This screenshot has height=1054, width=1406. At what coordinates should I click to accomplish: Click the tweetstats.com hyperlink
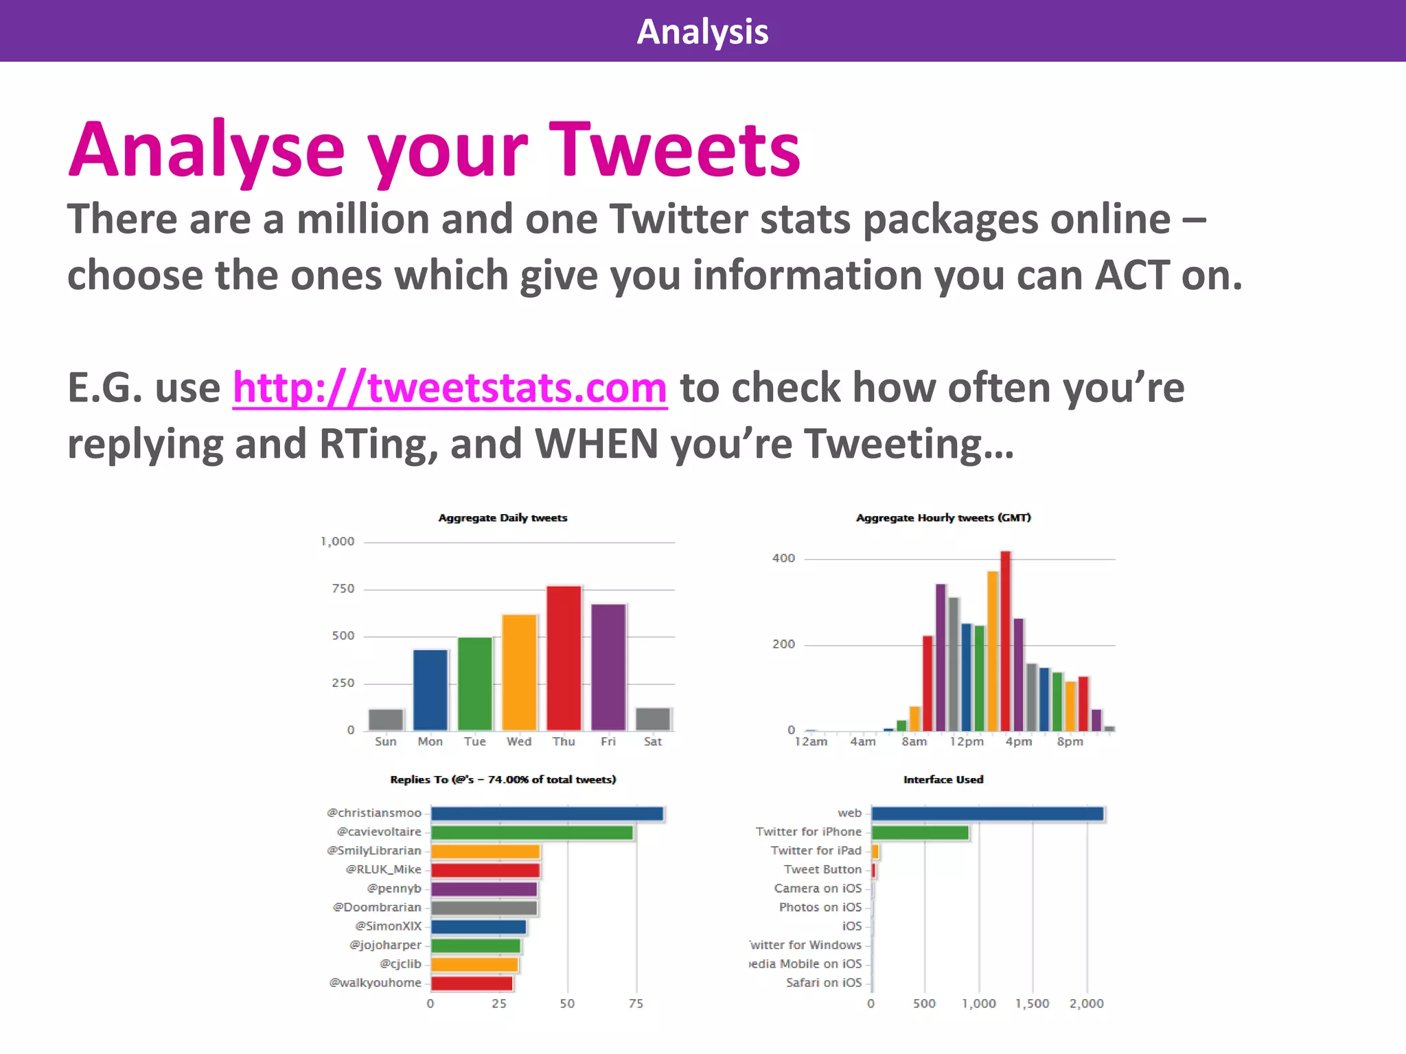[x=450, y=388]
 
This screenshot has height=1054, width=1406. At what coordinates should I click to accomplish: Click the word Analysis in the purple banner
[x=702, y=32]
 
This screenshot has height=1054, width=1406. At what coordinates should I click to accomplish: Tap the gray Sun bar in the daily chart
[x=386, y=719]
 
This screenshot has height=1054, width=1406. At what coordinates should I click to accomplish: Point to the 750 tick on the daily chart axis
[x=343, y=589]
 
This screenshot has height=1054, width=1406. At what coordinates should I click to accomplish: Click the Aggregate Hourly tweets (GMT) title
[x=943, y=517]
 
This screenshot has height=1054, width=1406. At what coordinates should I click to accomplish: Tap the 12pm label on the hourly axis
[x=967, y=742]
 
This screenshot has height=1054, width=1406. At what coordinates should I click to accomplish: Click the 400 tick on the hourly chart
[x=783, y=559]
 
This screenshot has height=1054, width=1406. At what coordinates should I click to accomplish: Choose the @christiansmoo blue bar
[x=547, y=814]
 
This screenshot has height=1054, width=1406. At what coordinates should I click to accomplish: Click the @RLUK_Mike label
[x=383, y=869]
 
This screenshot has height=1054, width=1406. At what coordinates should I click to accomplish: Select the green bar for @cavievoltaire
[x=531, y=832]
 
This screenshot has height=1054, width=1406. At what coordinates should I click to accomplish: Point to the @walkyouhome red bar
[x=472, y=983]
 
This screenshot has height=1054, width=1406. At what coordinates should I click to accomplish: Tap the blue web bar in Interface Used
[x=987, y=814]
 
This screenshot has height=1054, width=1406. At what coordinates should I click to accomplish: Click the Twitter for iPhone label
[x=808, y=832]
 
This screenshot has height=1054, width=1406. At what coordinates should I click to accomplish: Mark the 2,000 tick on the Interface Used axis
[x=1086, y=1003]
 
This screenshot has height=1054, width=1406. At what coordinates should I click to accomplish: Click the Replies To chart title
[x=503, y=780]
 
